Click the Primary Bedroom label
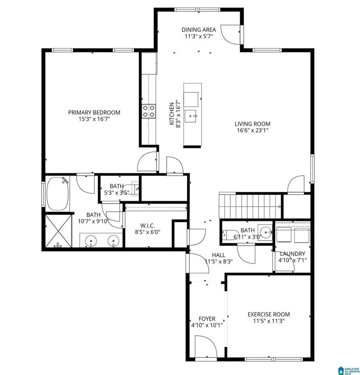coord(94,112)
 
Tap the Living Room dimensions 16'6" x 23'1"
coord(253,130)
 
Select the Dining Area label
coord(199,30)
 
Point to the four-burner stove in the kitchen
coord(149,111)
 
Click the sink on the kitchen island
coord(191,116)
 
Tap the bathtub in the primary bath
coord(58,193)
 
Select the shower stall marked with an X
coord(58,231)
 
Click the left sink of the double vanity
coord(91,241)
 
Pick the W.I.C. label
coord(148,225)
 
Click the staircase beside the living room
coord(250,206)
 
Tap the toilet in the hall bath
coord(230,235)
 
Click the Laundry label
coord(292,254)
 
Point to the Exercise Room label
coord(269,314)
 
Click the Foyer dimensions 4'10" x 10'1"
coord(207,325)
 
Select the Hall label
coord(219,255)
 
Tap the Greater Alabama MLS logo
coord(349,370)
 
